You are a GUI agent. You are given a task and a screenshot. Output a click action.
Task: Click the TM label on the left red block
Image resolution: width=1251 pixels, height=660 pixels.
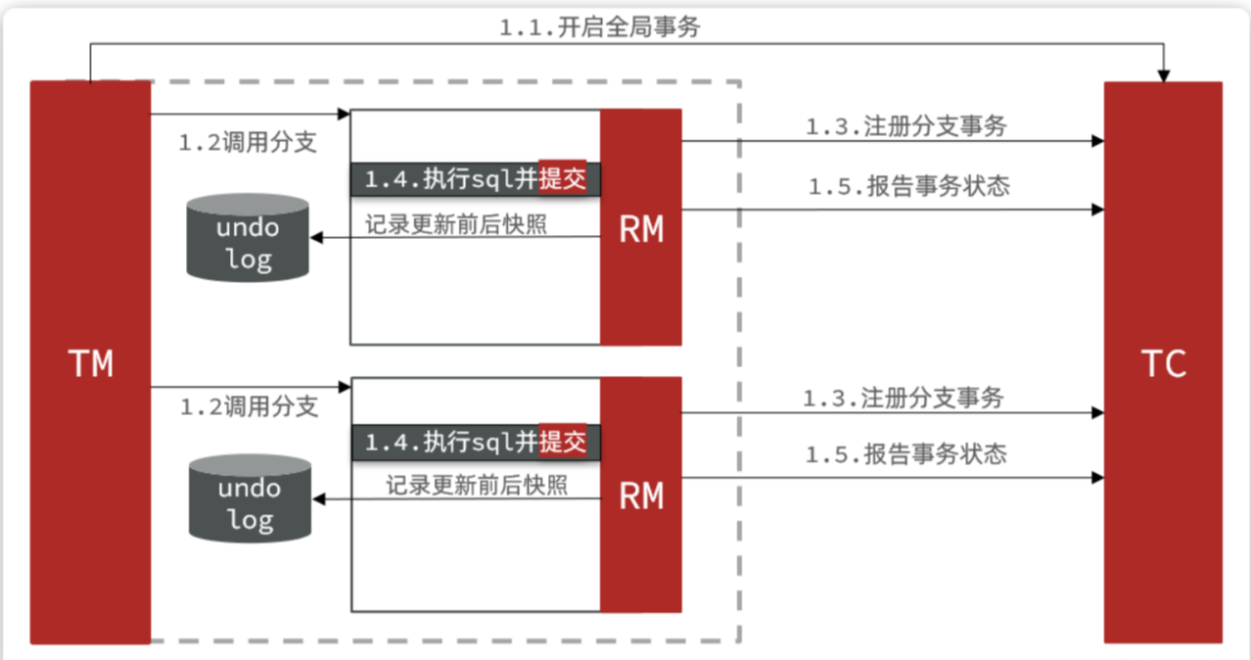tap(91, 364)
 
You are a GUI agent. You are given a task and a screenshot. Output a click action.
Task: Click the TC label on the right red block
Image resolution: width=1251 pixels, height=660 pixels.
tap(1164, 364)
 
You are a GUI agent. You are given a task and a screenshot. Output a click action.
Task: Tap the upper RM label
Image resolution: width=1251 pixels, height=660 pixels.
tap(641, 230)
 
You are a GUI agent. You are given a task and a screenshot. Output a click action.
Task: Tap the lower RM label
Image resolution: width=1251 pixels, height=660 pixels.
tap(641, 495)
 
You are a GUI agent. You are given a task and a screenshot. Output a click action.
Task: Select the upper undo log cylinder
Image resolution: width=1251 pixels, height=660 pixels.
tap(248, 238)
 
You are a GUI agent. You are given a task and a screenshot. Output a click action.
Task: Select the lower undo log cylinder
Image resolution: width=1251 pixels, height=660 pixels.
tap(250, 498)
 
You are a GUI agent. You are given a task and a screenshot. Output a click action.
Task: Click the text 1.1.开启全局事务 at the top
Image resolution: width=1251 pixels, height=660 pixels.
tap(599, 27)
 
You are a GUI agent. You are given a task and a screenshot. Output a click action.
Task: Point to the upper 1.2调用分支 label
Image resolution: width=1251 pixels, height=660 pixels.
tap(248, 143)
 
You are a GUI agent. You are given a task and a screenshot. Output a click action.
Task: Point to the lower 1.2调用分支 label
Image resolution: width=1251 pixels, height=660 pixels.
tap(249, 407)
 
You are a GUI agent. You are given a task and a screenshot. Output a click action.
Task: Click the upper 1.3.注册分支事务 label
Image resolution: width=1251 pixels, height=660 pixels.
tap(906, 126)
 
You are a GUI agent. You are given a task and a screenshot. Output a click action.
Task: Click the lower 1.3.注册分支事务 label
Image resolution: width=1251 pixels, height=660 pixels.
tap(903, 399)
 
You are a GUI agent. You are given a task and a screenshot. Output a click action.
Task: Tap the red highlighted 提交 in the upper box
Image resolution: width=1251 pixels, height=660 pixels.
tap(563, 178)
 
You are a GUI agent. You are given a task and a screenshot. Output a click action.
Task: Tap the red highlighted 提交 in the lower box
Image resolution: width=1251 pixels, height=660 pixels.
tap(563, 442)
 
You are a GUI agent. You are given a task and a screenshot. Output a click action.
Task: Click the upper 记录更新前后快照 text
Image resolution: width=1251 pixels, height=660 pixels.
tap(456, 223)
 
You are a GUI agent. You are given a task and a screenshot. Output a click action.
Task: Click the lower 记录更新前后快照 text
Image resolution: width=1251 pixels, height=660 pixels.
tap(476, 485)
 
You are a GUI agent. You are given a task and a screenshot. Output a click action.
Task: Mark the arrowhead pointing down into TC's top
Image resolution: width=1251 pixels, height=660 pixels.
tap(1164, 75)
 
